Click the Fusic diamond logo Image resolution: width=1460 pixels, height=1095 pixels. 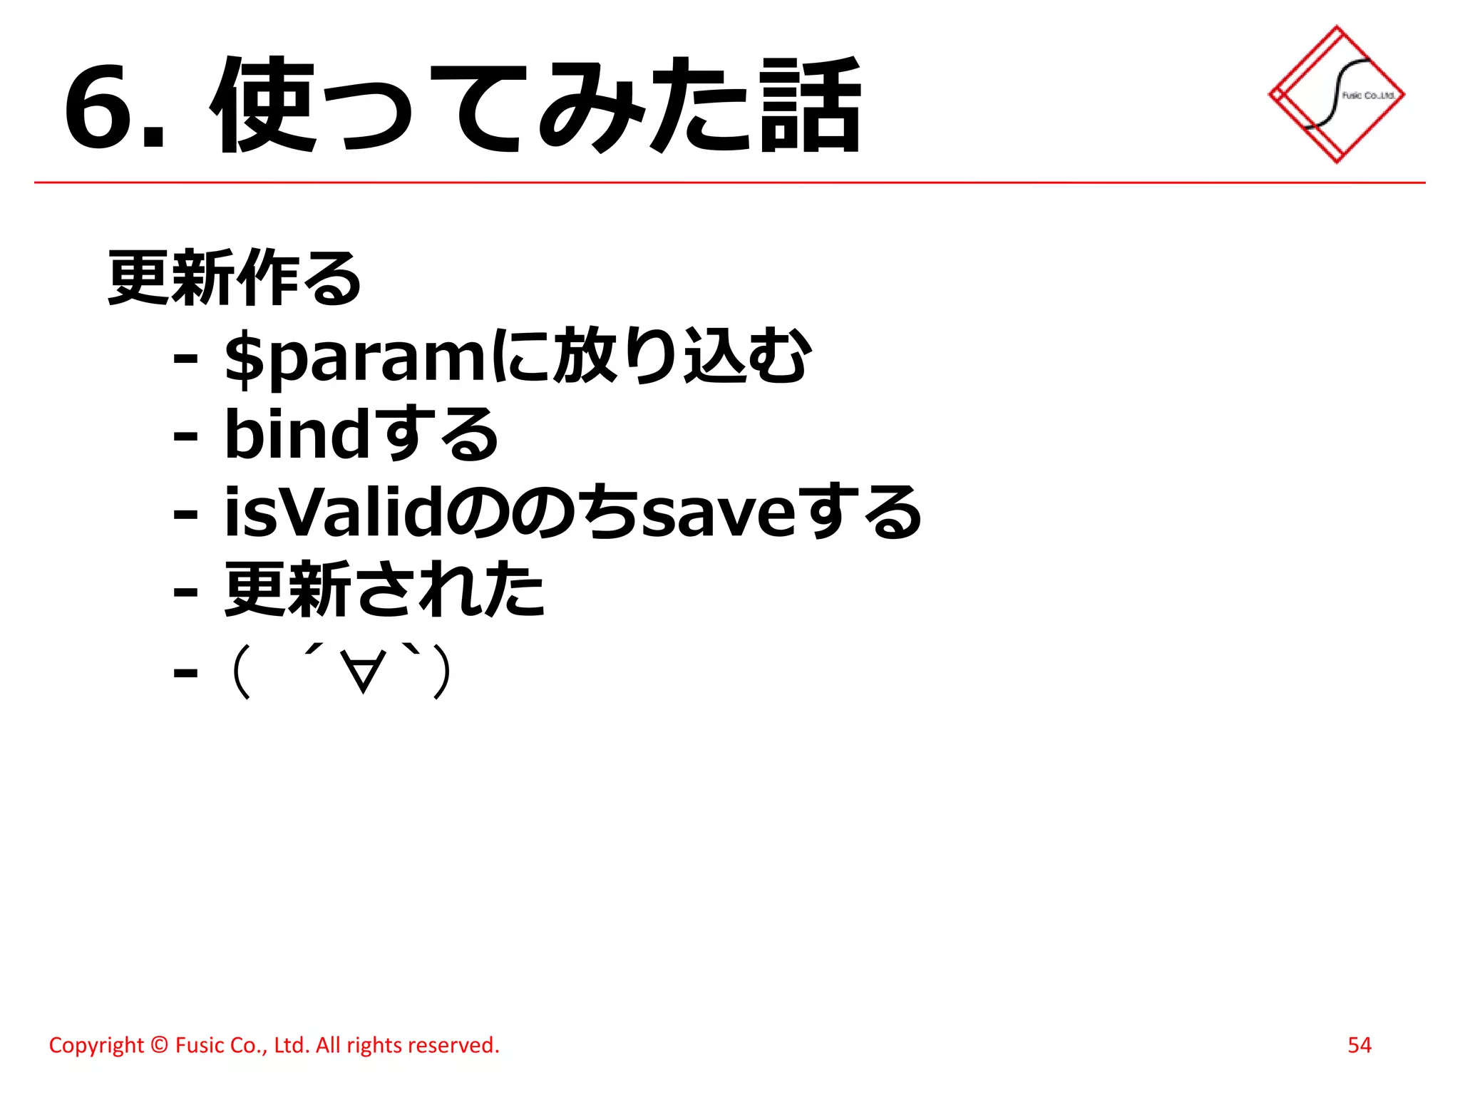coord(1336,94)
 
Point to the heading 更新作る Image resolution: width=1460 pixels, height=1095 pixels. coord(234,277)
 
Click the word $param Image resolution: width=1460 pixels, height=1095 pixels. coord(355,359)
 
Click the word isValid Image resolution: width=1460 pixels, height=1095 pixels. coord(334,512)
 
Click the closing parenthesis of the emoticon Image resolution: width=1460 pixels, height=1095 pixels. coord(442,672)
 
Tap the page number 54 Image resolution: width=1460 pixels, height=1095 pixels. coord(1359,1045)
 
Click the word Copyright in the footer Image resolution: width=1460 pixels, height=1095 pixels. coord(96,1045)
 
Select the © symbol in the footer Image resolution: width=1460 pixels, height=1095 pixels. coord(160,1045)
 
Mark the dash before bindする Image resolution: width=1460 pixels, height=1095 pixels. coord(185,436)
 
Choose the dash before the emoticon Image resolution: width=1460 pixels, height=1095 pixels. coord(185,672)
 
